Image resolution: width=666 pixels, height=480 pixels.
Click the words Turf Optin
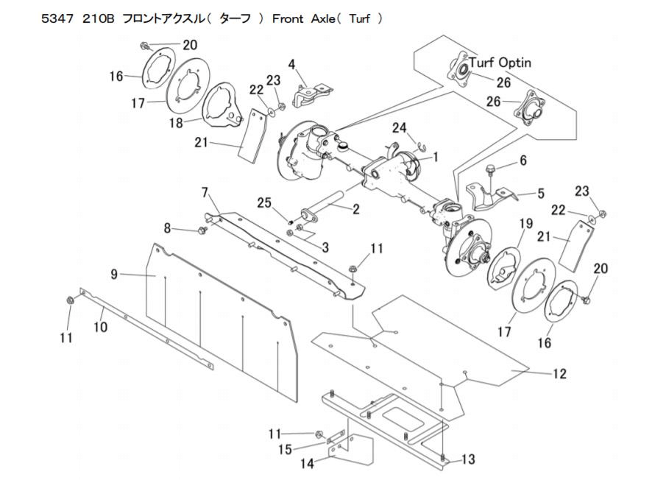point(500,63)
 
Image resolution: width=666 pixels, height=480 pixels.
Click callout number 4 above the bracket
point(291,65)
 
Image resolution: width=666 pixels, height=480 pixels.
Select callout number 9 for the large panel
point(114,275)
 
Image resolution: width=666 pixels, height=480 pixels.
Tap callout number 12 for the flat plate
point(560,373)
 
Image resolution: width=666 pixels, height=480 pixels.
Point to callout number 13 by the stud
point(468,459)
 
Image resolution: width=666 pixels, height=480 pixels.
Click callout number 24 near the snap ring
point(400,127)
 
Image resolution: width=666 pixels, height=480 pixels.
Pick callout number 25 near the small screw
point(263,202)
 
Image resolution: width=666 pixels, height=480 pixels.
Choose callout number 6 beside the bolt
point(523,160)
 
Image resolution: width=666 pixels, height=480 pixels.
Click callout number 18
point(176,123)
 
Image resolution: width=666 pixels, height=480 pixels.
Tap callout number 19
point(526,223)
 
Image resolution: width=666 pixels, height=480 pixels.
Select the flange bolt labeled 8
point(202,230)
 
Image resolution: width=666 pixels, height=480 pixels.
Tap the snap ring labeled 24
point(419,147)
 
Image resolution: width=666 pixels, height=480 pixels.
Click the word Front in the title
point(288,19)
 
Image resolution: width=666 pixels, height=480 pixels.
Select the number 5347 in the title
point(57,19)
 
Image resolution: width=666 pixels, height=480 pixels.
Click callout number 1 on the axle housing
point(435,157)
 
